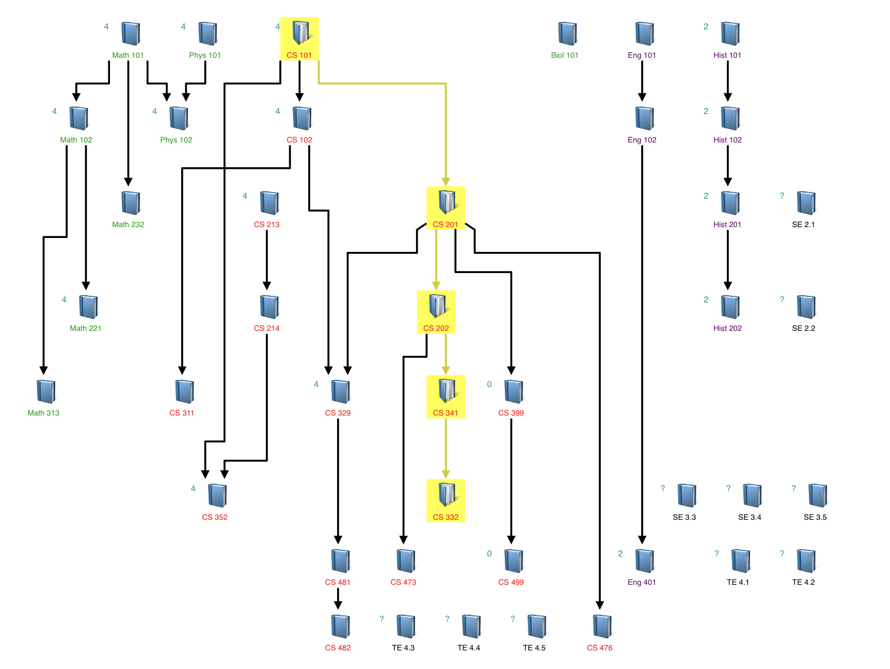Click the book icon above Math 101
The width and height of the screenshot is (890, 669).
pyautogui.click(x=131, y=34)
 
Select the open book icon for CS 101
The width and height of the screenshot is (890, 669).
pyautogui.click(x=300, y=33)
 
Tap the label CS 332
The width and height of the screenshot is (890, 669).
pyautogui.click(x=446, y=517)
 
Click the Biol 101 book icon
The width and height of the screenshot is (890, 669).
pyautogui.click(x=567, y=34)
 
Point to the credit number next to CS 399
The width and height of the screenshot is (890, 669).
pyautogui.click(x=489, y=385)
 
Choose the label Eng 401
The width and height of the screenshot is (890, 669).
pyautogui.click(x=642, y=582)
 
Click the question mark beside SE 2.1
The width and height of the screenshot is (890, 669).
pyautogui.click(x=782, y=196)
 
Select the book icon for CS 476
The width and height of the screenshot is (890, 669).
pyautogui.click(x=602, y=626)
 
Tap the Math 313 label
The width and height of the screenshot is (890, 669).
pyautogui.click(x=43, y=413)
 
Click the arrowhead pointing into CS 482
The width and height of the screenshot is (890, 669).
pyautogui.click(x=338, y=606)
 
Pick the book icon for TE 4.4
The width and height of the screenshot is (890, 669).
pyautogui.click(x=471, y=626)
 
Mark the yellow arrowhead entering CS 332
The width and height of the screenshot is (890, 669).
pyautogui.click(x=446, y=474)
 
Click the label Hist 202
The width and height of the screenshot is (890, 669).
pyautogui.click(x=727, y=328)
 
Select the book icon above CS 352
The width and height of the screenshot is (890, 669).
pyautogui.click(x=217, y=495)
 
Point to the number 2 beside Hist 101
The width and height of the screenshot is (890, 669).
pyautogui.click(x=706, y=27)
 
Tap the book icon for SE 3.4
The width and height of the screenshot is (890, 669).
pyautogui.click(x=752, y=495)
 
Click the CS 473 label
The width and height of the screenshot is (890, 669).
pyautogui.click(x=403, y=582)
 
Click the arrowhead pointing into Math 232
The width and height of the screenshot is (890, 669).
pyautogui.click(x=128, y=182)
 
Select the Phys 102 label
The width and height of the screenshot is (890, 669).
pyautogui.click(x=176, y=140)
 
